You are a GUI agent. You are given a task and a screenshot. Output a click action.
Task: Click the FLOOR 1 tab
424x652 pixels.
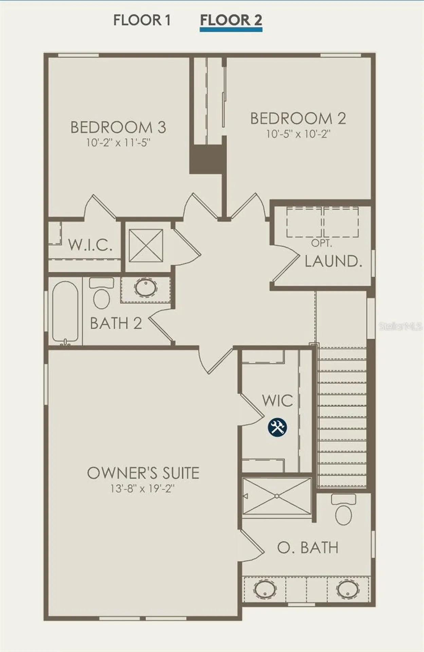click(142, 20)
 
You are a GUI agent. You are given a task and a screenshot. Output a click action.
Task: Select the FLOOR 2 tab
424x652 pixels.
click(231, 20)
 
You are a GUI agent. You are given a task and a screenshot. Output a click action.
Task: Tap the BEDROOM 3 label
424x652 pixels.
click(118, 127)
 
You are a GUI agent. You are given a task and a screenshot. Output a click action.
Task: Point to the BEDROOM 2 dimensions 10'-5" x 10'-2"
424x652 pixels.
click(298, 134)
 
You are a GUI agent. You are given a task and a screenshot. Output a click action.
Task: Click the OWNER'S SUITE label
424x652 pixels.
click(143, 473)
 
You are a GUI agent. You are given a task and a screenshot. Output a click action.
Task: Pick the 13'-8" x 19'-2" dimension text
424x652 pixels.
click(142, 489)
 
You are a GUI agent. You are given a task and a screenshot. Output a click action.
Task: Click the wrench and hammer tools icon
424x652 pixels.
click(277, 427)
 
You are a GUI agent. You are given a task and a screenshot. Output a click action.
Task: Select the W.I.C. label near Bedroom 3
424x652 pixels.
click(90, 244)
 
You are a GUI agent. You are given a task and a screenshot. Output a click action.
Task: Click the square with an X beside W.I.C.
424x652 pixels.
click(146, 246)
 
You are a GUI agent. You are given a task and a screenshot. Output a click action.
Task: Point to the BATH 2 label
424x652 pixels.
click(116, 323)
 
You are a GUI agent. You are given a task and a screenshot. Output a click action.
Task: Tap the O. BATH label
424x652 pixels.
click(308, 547)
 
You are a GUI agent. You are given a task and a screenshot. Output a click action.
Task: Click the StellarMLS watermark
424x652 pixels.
click(401, 326)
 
